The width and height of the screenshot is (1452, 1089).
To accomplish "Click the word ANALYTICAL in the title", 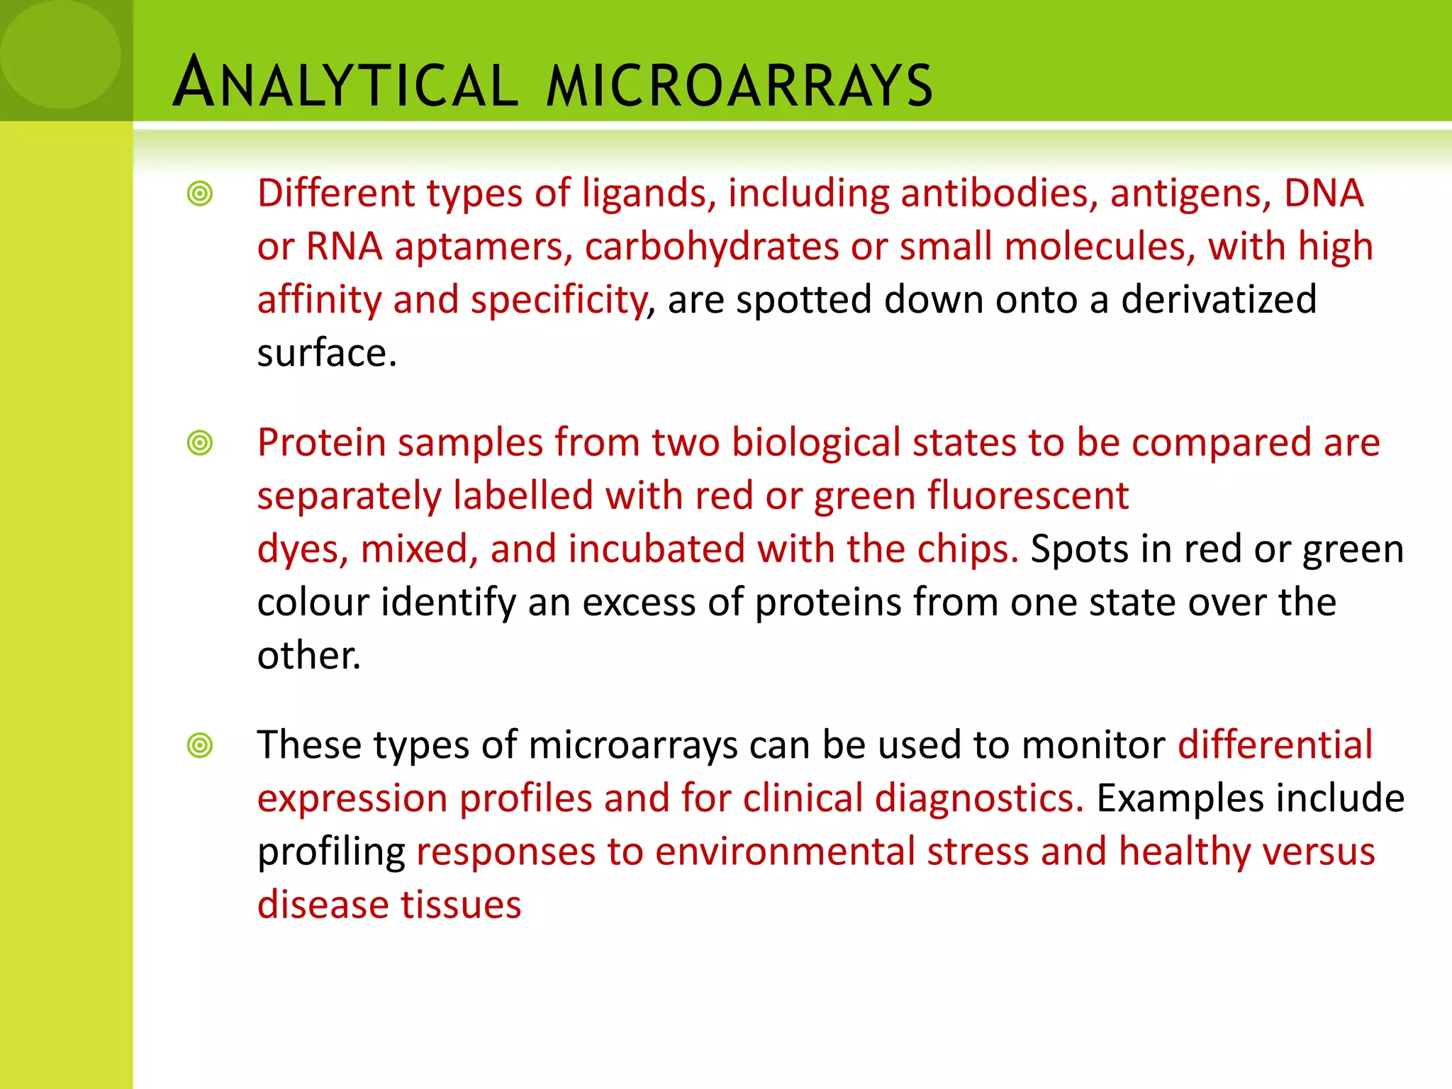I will [x=345, y=84].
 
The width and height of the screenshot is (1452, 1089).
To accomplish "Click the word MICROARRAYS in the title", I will [x=739, y=86].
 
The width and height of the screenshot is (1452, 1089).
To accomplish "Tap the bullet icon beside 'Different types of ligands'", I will [x=200, y=194].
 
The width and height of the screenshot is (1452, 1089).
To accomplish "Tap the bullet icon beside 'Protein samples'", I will [x=200, y=443].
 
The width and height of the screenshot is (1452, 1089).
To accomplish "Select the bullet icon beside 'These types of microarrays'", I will [x=200, y=745].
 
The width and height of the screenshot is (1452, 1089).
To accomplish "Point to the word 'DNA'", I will [x=1324, y=194].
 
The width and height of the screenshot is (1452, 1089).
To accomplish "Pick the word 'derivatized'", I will [x=1219, y=300].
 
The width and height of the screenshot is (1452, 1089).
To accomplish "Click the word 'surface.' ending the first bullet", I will [x=327, y=353].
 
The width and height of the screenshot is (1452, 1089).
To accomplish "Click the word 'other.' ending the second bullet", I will [x=309, y=656].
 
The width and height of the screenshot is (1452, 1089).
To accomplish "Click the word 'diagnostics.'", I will [x=979, y=799].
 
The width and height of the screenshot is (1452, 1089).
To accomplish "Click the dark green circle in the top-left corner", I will [x=60, y=53].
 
